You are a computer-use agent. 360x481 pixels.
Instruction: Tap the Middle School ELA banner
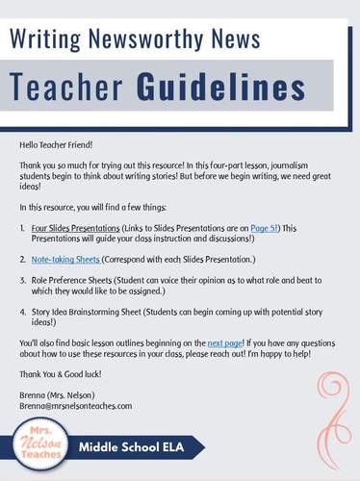tap(140, 448)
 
